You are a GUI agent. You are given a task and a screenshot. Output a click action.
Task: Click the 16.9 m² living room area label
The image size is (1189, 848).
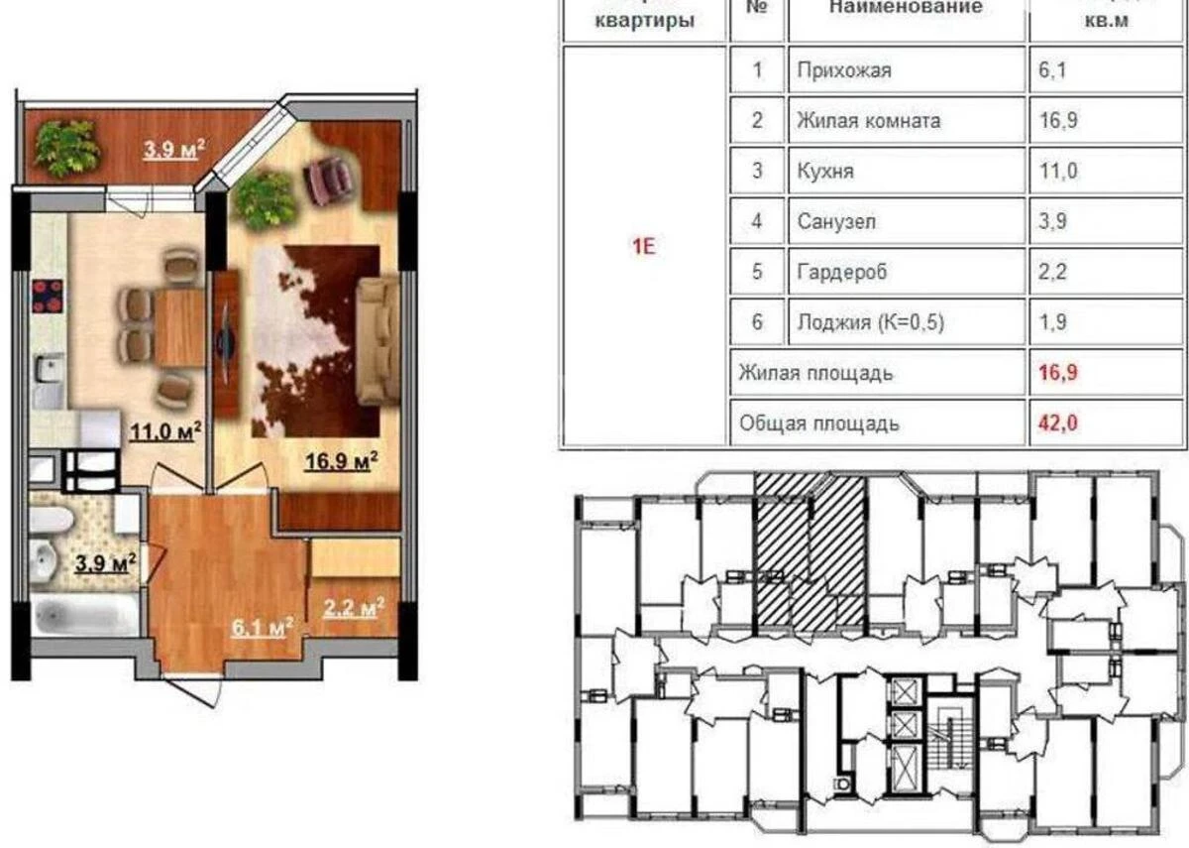tap(343, 460)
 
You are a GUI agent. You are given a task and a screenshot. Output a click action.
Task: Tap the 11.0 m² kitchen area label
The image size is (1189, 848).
tap(165, 431)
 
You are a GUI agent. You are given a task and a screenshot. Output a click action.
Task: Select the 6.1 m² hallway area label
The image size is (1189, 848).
tap(261, 627)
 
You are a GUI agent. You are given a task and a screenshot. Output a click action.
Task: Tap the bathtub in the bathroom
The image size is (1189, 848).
tap(83, 615)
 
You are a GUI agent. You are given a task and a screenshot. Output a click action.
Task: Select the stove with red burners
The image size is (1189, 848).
tap(48, 295)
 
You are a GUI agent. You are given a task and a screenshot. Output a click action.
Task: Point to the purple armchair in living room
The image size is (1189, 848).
tap(331, 181)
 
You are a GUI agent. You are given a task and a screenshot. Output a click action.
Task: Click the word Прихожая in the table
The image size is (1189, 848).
tap(844, 70)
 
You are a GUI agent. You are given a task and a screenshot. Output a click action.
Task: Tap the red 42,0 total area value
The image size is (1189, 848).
tap(1058, 424)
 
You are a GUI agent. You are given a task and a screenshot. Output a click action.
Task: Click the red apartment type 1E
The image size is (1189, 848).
tap(644, 247)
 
